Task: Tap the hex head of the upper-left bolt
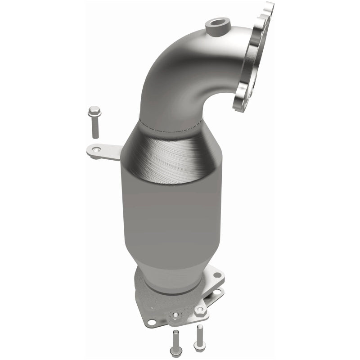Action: (94, 111)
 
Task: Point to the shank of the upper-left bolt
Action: (95, 128)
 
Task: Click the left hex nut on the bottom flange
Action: (176, 315)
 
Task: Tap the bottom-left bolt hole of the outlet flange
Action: (151, 322)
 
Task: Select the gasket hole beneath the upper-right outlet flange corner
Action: (218, 292)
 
